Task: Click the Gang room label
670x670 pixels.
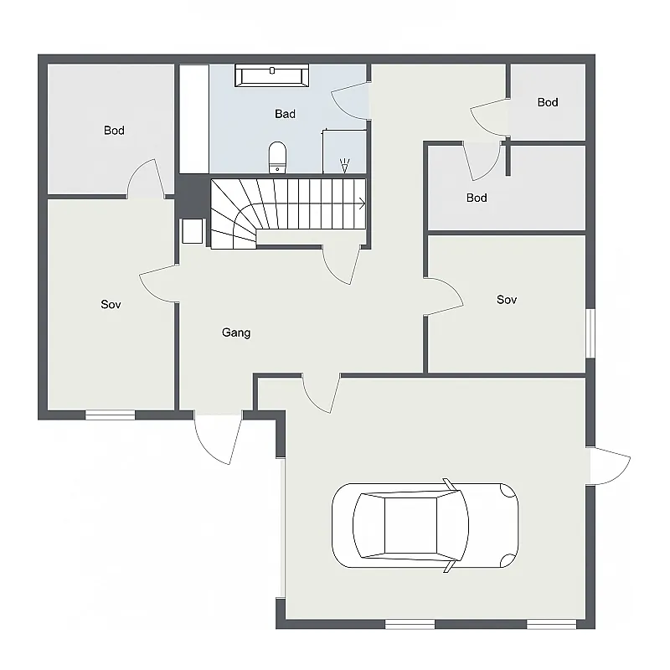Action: click(236, 332)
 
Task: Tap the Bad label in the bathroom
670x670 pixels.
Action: click(285, 114)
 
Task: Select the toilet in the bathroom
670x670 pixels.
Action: click(277, 157)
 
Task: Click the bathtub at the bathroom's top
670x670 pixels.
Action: click(272, 75)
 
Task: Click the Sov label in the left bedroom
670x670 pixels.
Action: click(111, 305)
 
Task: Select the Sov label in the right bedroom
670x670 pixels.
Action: click(506, 300)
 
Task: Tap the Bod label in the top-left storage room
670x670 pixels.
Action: click(114, 131)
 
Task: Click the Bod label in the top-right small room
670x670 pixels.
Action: click(548, 102)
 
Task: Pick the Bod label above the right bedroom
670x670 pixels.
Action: click(477, 198)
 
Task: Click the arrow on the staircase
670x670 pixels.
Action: click(361, 203)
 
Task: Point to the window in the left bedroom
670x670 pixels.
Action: click(111, 414)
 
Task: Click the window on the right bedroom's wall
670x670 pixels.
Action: click(590, 333)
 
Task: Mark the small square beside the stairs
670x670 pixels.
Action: click(192, 230)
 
